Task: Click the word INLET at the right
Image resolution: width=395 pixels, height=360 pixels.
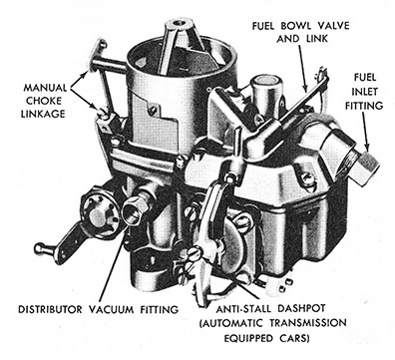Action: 372,90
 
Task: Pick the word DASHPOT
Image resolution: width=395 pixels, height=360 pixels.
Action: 306,310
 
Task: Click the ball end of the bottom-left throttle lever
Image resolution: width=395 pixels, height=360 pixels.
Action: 40,249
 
